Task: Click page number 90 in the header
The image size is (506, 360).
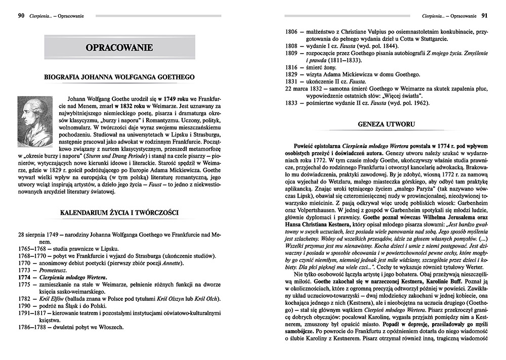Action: (x=21, y=16)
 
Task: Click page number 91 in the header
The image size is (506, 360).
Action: (x=484, y=16)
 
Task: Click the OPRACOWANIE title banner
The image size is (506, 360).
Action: (x=119, y=48)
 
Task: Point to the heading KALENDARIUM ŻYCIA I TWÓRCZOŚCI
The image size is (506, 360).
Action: (x=119, y=213)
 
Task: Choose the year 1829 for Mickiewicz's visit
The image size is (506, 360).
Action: (x=290, y=74)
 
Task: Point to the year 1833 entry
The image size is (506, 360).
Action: (x=290, y=103)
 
